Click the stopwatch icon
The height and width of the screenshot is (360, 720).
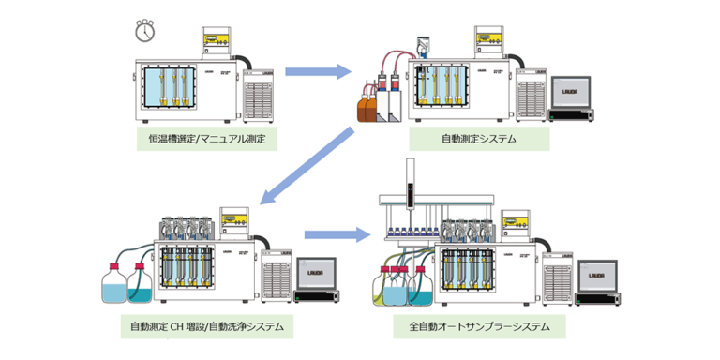coord(144,31)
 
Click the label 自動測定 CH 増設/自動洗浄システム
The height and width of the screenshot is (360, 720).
coord(207,327)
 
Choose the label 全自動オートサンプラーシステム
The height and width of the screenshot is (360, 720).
coord(479,327)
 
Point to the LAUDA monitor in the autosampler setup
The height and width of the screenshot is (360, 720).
coord(598,276)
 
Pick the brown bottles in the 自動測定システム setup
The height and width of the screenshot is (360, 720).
coord(368,105)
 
